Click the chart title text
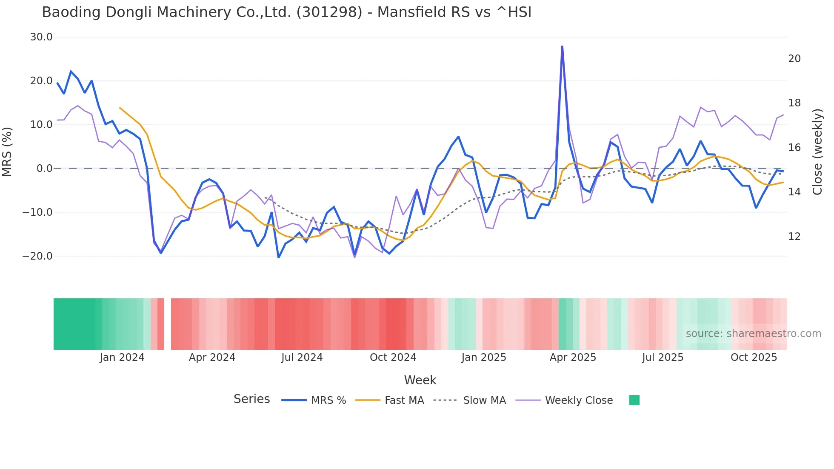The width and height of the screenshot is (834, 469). pos(286,12)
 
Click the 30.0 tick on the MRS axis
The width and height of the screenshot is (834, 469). pos(41,37)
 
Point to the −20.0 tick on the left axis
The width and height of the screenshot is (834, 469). pos(37,256)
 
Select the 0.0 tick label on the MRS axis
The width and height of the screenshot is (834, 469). pos(44,169)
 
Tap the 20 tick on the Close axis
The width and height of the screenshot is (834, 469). pos(794,59)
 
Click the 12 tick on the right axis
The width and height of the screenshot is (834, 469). pos(794,237)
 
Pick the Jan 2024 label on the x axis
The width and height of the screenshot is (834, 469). pos(122,357)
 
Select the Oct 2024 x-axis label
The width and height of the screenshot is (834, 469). pos(393,357)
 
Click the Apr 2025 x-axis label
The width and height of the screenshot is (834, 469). pos(573,357)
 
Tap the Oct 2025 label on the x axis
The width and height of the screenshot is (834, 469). pos(754,357)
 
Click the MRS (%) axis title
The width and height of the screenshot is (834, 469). pos(7,152)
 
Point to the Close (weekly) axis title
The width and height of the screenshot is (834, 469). pos(817,152)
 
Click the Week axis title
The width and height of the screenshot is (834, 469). pos(420,380)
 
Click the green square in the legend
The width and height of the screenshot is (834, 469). pos(634,400)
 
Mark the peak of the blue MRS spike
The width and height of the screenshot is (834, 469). pos(562,46)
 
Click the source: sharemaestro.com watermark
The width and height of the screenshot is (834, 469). pos(753,334)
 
